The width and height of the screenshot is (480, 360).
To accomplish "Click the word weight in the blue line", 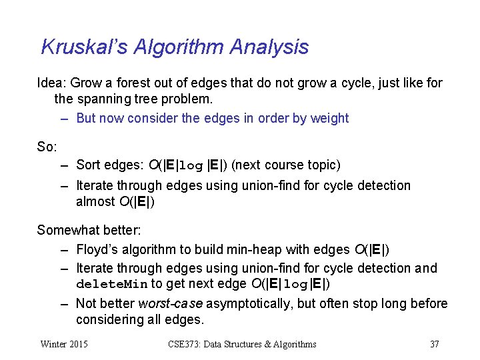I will pos(329,119).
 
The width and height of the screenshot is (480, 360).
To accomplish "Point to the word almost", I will pos(94,202).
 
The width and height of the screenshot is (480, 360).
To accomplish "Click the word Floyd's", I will pos(97,250).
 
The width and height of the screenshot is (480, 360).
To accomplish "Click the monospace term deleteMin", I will pos(112,285).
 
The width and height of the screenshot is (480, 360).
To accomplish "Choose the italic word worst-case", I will pos(170,304).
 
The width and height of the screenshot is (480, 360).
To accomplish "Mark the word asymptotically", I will pos(248,304).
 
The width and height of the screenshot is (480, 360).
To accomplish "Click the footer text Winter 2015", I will pos(64,344).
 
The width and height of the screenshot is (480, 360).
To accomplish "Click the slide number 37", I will pos(435,344).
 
